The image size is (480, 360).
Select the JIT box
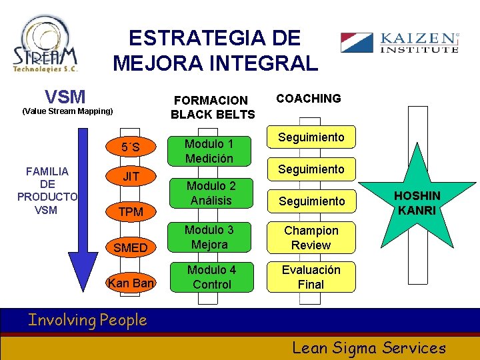click(x=131, y=177)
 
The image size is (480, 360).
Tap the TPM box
click(x=131, y=212)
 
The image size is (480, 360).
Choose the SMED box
click(x=131, y=247)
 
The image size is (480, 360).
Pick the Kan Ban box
click(x=131, y=283)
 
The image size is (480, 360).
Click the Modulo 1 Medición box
click(x=209, y=151)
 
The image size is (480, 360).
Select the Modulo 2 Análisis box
click(x=209, y=193)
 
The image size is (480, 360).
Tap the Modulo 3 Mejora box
click(x=209, y=237)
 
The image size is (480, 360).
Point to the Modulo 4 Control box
click(x=209, y=277)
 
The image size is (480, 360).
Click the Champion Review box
click(x=311, y=237)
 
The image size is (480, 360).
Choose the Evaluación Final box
click(x=311, y=277)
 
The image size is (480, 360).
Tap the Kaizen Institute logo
click(x=399, y=42)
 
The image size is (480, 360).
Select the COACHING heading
click(x=309, y=99)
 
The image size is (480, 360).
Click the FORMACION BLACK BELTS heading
click(x=212, y=107)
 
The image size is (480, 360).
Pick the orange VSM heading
click(x=65, y=97)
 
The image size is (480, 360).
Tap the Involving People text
click(x=87, y=321)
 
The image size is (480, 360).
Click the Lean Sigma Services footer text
click(x=369, y=347)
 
